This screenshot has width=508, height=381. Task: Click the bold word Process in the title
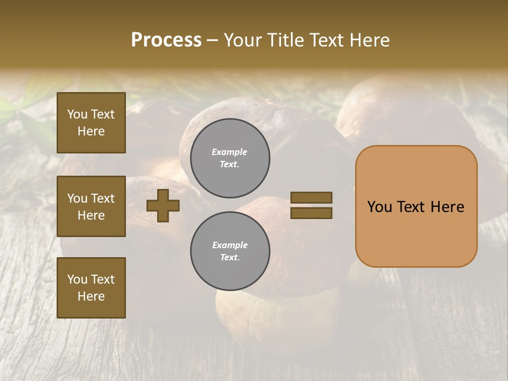[166, 40]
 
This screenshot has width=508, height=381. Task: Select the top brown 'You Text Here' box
[91, 123]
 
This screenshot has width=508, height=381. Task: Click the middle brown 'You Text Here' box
[91, 206]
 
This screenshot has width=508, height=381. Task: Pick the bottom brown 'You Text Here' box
[91, 287]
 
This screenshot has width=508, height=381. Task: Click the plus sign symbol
[163, 205]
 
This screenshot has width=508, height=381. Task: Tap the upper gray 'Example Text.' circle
[230, 158]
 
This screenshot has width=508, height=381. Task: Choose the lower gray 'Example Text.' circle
[230, 251]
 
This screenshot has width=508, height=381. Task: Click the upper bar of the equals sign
[311, 198]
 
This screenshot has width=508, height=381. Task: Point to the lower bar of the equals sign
[311, 213]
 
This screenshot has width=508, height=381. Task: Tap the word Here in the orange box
[447, 207]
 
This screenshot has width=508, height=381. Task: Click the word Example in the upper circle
[230, 152]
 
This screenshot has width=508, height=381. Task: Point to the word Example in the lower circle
[230, 246]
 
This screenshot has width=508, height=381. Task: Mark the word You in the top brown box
[77, 114]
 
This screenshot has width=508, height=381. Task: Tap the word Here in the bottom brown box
[91, 296]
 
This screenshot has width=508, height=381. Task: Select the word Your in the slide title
[243, 40]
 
